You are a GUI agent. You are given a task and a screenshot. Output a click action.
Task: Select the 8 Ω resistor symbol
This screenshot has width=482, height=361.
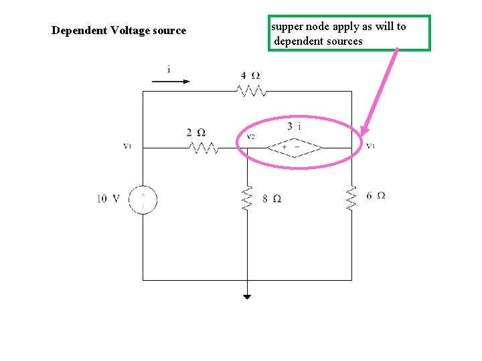(248, 198)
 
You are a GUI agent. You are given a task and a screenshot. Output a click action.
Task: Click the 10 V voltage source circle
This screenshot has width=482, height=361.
(143, 199)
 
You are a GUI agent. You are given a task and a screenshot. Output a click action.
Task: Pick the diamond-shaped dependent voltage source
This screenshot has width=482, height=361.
(295, 147)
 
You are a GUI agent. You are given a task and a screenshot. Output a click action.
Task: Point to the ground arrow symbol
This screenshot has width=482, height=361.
(248, 296)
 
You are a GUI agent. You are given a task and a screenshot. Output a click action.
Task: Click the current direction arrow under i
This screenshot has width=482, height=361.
(171, 82)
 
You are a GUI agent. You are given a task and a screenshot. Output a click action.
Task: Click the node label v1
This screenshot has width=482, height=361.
(127, 146)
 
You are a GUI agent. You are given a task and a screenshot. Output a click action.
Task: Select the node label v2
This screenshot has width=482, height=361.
(250, 137)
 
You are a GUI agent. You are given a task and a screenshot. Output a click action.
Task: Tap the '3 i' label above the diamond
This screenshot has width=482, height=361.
(294, 126)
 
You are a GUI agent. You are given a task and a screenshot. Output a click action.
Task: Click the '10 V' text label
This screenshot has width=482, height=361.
(108, 199)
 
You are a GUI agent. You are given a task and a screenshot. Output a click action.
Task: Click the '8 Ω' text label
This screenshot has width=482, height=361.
(271, 199)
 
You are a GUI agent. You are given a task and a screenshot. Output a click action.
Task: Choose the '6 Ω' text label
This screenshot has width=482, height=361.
(376, 195)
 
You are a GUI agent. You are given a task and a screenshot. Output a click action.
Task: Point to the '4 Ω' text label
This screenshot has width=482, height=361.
(251, 75)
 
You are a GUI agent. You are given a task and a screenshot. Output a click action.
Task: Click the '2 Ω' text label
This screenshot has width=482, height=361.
(196, 132)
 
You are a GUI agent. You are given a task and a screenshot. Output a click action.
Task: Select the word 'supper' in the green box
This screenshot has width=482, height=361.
(287, 27)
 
